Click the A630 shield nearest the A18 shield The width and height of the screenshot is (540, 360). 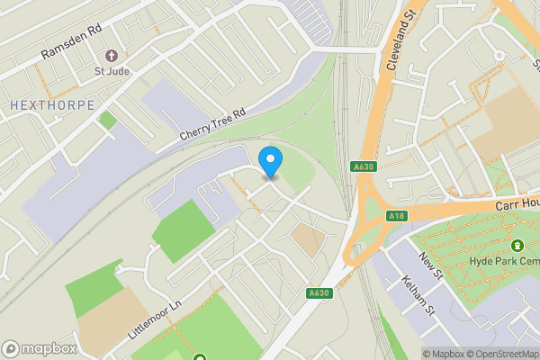(363, 166)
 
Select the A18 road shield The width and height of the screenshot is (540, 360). (396, 216)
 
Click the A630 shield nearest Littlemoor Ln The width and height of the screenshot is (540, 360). (318, 292)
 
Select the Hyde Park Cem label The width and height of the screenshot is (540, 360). (502, 261)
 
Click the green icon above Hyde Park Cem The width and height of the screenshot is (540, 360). (517, 245)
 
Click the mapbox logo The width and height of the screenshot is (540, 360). (40, 348)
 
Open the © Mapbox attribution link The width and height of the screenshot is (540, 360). (444, 354)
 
